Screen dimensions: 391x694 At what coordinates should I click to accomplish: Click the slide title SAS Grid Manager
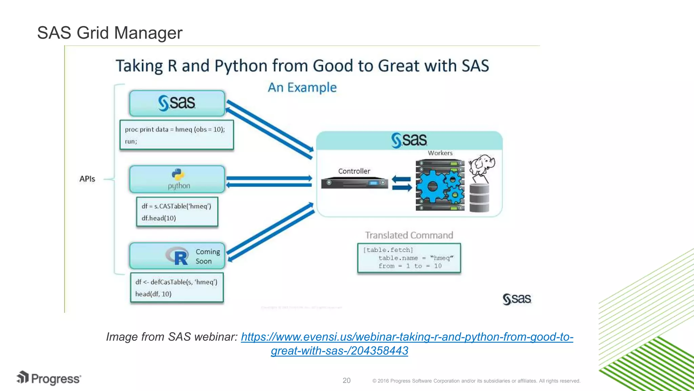[x=109, y=33]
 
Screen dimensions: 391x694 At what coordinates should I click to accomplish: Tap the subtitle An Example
[x=302, y=88]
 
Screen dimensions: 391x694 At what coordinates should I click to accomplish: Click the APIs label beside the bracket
[x=87, y=179]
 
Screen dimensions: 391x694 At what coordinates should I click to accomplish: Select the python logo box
[x=177, y=179]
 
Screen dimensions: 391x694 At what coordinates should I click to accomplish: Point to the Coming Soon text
[x=207, y=256]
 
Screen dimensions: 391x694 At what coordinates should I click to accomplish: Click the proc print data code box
[x=177, y=135]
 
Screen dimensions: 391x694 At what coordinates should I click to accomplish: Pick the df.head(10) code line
[x=159, y=218]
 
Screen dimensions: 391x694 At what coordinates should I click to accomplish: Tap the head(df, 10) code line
[x=153, y=294]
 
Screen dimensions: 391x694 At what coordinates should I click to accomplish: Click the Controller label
[x=354, y=171]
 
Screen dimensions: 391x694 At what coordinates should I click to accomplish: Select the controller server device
[x=354, y=183]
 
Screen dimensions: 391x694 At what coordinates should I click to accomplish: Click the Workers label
[x=440, y=153]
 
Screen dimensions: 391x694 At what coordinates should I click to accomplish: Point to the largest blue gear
[x=432, y=186]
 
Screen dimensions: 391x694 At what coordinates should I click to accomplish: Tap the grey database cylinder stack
[x=479, y=198]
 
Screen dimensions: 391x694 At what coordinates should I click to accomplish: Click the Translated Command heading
[x=409, y=235]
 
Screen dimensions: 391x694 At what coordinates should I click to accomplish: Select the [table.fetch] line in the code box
[x=388, y=250]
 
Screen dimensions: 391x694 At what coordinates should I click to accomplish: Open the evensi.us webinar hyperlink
[x=407, y=337]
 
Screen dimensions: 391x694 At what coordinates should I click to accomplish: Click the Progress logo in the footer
[x=49, y=378]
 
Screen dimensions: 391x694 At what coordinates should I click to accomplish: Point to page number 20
[x=346, y=380]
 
